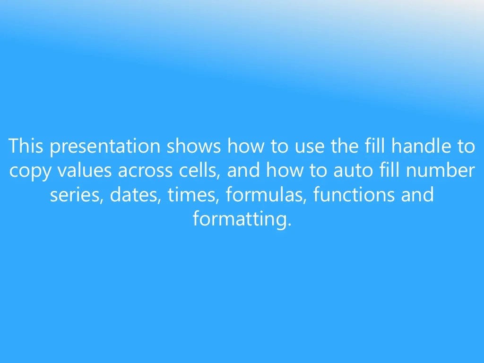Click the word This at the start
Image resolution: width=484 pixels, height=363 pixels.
click(26, 146)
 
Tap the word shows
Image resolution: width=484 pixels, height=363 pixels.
click(193, 146)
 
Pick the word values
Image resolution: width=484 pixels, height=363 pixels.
click(85, 171)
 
